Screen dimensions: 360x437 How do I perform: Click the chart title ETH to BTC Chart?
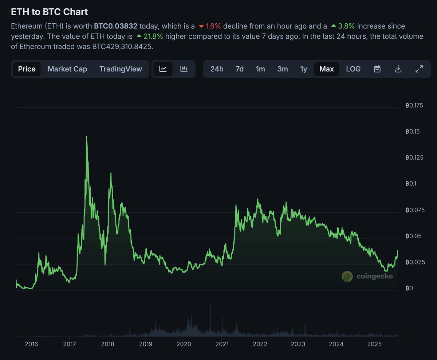(49, 12)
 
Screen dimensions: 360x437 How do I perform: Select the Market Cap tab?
(67, 69)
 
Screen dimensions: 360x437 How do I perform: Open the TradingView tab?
(121, 69)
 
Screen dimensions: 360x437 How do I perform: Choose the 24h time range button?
(217, 69)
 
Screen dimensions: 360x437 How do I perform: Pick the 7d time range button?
(239, 69)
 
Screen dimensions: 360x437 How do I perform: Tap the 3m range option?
(282, 69)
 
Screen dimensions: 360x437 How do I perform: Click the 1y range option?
(303, 69)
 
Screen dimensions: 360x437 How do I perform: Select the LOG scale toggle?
(353, 69)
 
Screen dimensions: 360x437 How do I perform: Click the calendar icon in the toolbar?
(377, 69)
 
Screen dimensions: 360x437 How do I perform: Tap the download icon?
(398, 69)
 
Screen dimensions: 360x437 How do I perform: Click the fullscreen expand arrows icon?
(419, 69)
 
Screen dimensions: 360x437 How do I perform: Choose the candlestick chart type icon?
(184, 69)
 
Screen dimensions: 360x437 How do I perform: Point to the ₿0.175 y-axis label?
(414, 106)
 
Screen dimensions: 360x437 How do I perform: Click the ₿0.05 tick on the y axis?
(414, 236)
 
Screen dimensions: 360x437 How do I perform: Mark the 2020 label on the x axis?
(184, 344)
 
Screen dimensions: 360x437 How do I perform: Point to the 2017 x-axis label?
(69, 344)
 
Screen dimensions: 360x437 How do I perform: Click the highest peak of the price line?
(86, 137)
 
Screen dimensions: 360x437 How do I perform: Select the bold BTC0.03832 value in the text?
(115, 26)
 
